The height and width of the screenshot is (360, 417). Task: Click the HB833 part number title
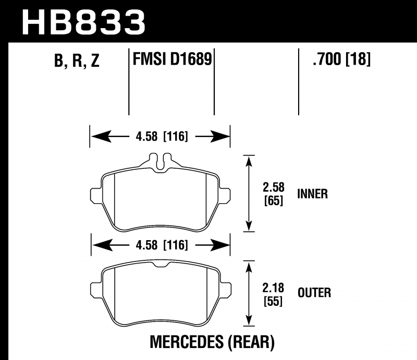tap(83, 22)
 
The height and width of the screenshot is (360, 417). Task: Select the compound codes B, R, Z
tap(77, 60)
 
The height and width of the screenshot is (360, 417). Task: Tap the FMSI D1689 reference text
tap(172, 59)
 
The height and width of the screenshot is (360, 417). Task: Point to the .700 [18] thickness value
tap(342, 59)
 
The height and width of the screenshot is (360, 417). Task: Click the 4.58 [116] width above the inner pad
tap(162, 136)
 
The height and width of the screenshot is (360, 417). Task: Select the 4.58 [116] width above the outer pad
tap(162, 245)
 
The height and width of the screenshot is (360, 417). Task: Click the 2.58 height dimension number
tap(274, 187)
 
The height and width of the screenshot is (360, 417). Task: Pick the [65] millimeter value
tap(274, 201)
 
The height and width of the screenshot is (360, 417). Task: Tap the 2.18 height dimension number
tap(273, 288)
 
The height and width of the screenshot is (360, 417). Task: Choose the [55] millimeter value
tap(273, 301)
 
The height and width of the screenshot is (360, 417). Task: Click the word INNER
tap(312, 194)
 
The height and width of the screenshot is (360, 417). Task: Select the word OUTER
tap(314, 293)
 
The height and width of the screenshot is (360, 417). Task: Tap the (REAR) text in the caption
tap(251, 342)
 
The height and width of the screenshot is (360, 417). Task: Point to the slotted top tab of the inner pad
tap(160, 161)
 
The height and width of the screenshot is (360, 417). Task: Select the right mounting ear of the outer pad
tap(225, 289)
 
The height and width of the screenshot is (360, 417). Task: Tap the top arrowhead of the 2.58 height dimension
tap(249, 160)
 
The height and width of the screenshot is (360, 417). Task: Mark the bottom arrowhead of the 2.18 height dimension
tap(249, 320)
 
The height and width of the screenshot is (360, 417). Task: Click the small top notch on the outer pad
tap(161, 265)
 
